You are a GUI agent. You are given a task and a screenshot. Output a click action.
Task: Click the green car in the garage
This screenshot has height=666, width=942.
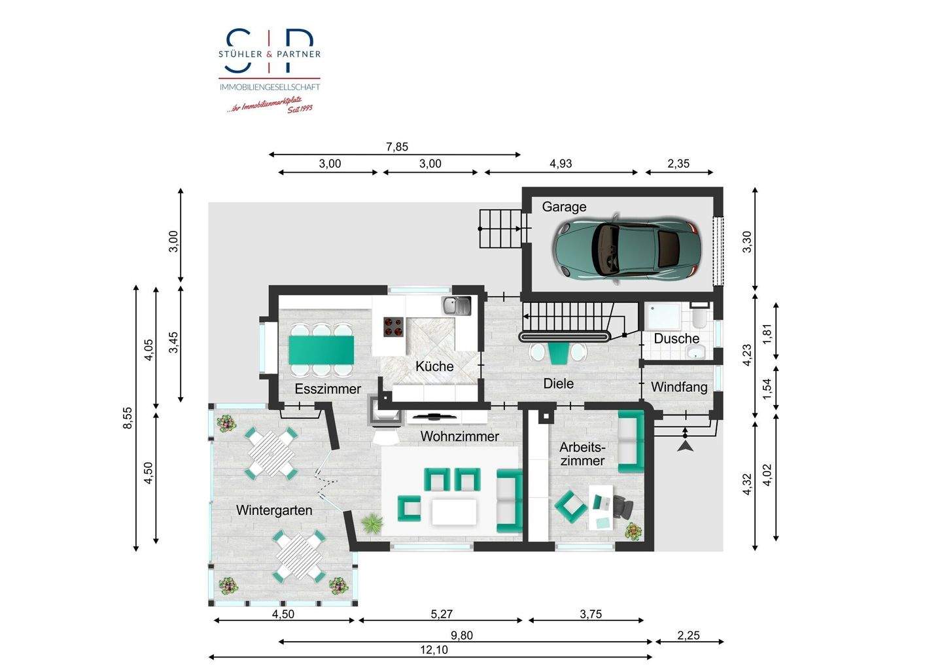point(625,249)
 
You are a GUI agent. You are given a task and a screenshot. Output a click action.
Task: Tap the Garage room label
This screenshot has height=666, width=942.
point(564,207)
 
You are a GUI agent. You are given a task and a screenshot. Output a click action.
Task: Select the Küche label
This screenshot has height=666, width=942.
point(434,366)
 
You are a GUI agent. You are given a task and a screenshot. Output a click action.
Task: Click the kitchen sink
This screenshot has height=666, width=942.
point(455,305)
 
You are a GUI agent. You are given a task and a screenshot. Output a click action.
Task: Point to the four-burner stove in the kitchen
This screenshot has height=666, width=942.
point(392,326)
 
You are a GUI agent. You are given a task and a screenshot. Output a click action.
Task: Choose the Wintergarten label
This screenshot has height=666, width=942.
point(274,510)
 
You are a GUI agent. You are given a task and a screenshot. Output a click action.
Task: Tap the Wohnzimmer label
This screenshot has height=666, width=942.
point(459,436)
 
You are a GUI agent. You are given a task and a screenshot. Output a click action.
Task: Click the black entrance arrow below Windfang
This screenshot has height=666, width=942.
point(685,446)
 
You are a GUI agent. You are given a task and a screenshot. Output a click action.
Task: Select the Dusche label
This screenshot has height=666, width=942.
point(676,338)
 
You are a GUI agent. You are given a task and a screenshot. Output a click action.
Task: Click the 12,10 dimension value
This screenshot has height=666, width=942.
point(435,650)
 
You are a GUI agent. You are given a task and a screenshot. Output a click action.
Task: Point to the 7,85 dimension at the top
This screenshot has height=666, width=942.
point(396,147)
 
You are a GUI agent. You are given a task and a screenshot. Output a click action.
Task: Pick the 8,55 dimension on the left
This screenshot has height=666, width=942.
point(128,418)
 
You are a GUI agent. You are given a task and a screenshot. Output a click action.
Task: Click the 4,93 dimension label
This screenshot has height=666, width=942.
point(560,164)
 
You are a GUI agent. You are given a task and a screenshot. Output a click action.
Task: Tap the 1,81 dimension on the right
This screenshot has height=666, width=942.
point(768,331)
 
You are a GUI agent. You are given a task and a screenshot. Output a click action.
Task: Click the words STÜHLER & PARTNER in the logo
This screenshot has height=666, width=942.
point(270,54)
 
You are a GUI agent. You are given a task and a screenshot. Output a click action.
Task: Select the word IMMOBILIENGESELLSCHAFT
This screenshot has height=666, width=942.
point(270,87)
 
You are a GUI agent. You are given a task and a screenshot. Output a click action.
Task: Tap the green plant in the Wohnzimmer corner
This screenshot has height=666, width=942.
point(372,523)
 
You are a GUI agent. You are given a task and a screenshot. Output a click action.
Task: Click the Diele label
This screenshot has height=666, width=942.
point(558,383)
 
